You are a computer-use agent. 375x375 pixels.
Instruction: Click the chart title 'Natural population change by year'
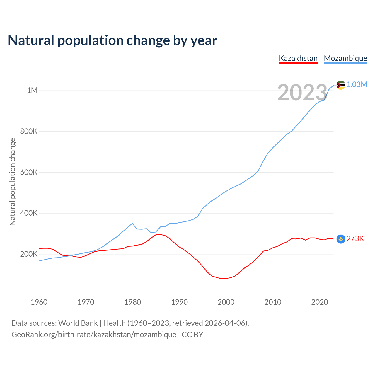(112, 40)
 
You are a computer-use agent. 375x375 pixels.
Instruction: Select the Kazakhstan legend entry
(298, 58)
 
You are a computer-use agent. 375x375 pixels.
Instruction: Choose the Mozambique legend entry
(345, 58)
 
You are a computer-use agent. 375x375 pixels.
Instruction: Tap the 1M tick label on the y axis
(32, 90)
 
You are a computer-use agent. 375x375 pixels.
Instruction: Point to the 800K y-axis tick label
(29, 131)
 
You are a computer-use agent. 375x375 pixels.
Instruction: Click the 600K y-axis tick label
(29, 172)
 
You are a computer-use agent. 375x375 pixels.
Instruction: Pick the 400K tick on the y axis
(29, 213)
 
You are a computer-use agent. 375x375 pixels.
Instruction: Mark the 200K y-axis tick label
(29, 254)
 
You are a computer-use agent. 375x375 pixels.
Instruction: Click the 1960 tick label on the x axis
(39, 302)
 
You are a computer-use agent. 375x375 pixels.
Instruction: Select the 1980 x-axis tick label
(132, 302)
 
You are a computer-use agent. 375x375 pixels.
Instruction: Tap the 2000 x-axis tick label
(226, 302)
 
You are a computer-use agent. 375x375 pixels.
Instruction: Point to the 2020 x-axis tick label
(319, 302)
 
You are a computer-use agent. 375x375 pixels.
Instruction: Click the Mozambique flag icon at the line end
(341, 85)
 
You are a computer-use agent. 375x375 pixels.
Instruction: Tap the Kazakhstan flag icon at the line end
(341, 239)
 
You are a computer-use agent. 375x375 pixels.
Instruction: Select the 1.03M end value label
(357, 85)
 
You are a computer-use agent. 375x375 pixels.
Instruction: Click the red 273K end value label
(355, 239)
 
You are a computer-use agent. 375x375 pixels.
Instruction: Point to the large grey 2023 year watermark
(302, 93)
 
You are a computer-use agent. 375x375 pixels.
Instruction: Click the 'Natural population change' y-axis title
(12, 182)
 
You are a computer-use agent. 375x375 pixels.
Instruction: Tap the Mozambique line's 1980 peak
(132, 223)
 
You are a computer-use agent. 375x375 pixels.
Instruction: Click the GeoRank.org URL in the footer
(94, 335)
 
